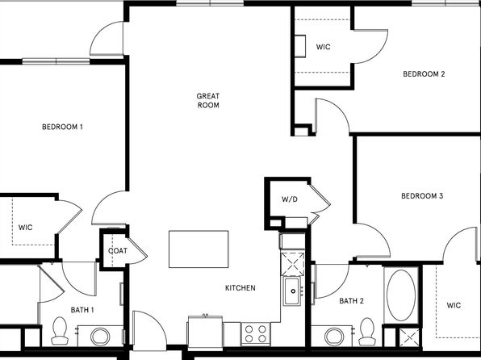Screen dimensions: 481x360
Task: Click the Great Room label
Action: click(208, 101)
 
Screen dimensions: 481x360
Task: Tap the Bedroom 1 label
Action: click(62, 127)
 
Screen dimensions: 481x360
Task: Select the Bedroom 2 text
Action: click(424, 74)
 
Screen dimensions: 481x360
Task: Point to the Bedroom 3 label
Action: click(422, 196)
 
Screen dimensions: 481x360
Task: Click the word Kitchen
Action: click(240, 288)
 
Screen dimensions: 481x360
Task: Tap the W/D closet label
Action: click(290, 199)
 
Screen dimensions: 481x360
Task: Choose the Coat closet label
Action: click(118, 251)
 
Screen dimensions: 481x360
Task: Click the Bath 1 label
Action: click(82, 310)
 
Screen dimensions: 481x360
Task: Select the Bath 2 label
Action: click(352, 301)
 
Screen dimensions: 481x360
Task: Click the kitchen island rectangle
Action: click(199, 249)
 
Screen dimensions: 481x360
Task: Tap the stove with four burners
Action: click(256, 333)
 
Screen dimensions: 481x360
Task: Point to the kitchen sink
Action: click(292, 291)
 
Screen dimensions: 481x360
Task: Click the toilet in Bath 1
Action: click(60, 330)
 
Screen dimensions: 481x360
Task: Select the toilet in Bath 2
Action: click(367, 332)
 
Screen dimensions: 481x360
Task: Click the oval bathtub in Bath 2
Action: click(401, 295)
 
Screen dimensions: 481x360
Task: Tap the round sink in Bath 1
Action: click(100, 337)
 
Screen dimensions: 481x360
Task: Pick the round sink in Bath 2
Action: click(334, 337)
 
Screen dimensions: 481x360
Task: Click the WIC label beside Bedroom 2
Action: click(324, 47)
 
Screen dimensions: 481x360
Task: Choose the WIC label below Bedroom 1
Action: click(26, 228)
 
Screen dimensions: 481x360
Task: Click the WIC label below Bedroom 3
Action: click(454, 305)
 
